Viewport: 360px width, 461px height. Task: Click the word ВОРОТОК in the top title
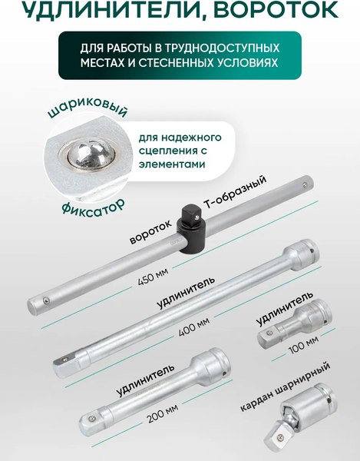278,12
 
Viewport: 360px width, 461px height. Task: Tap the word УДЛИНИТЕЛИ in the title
107,12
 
